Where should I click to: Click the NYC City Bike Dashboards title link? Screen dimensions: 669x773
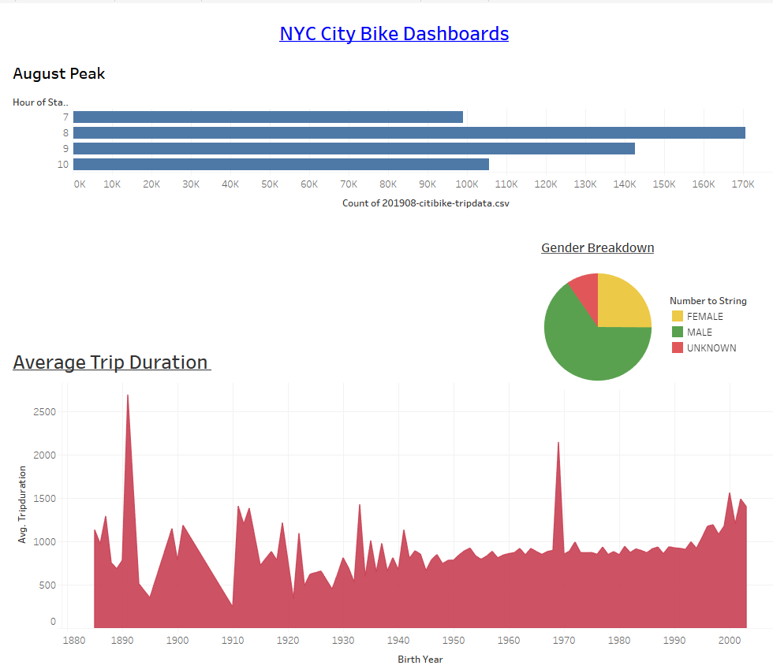point(394,34)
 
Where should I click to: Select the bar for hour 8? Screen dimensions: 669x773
point(409,132)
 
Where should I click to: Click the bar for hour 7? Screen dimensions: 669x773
point(268,117)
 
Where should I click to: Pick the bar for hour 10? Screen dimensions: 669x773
point(281,164)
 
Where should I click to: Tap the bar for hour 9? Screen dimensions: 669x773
point(353,148)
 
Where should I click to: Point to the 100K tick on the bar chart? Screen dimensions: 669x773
point(466,184)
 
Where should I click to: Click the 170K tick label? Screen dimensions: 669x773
point(742,184)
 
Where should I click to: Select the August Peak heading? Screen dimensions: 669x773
point(59,74)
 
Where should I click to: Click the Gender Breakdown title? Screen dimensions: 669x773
point(597,247)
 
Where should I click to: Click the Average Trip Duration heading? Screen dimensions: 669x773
point(111,362)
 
